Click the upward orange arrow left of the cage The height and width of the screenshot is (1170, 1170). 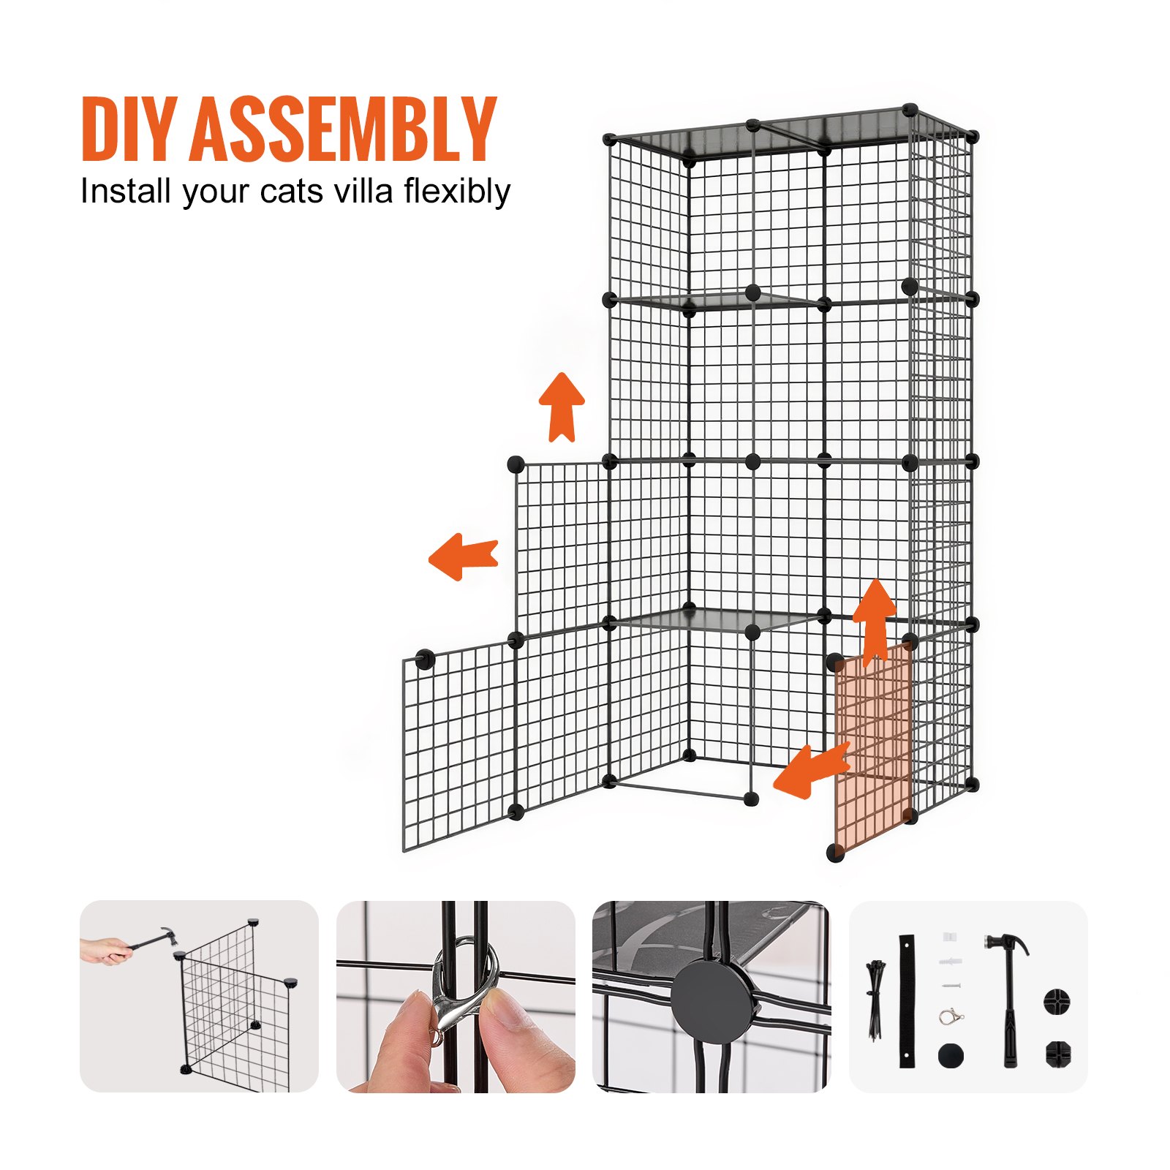(x=562, y=407)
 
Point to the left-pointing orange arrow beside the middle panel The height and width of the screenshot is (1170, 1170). (x=462, y=556)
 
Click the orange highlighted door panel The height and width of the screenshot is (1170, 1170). (x=874, y=753)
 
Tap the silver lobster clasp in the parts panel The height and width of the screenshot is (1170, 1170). (x=951, y=1016)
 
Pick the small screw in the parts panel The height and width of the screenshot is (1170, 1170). (x=951, y=986)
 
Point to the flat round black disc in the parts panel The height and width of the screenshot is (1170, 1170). (x=951, y=1055)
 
